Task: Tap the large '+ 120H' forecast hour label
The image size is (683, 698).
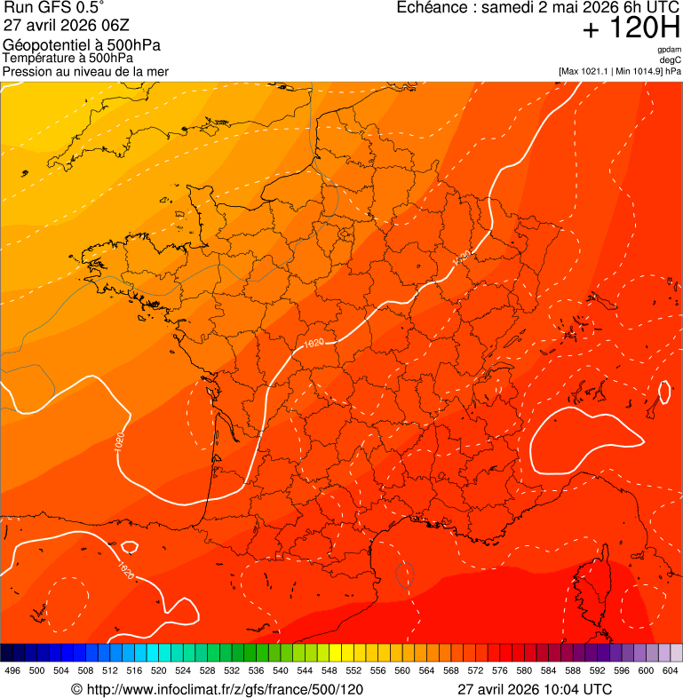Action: pos(631,28)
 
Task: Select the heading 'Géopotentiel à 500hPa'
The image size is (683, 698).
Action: pos(82,45)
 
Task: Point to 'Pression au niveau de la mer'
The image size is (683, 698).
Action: pos(85,71)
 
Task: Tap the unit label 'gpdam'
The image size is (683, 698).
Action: pos(669,50)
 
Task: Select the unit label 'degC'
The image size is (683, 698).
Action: pos(671,60)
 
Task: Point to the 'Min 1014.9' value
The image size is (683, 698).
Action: pos(638,71)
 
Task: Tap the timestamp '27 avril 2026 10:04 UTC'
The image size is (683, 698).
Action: pos(535,689)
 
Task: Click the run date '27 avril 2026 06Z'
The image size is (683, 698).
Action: pos(67,26)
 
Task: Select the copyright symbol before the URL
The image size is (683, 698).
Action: pos(76,689)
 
